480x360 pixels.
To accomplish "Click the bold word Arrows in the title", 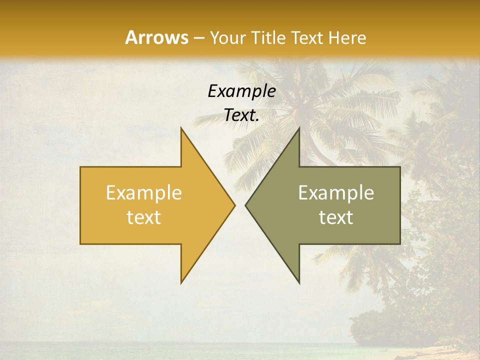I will tap(156, 37).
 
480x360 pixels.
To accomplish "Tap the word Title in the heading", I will tap(268, 37).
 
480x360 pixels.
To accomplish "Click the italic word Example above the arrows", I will tap(241, 91).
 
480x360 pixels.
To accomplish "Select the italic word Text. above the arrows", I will tap(241, 115).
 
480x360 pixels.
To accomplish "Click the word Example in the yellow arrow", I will tap(144, 193).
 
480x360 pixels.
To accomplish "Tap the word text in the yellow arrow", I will tap(144, 217).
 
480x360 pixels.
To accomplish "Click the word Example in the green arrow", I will tap(336, 193).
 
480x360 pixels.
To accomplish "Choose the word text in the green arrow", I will tap(336, 217).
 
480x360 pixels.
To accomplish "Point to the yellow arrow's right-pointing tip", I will tap(234, 205).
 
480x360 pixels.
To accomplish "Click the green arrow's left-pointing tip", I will tap(246, 205).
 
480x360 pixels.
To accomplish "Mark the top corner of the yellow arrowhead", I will tap(181, 128).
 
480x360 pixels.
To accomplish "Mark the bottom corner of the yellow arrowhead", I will tap(181, 282).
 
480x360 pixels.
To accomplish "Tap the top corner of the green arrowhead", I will tap(299, 128).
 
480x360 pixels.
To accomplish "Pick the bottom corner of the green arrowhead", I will tap(299, 282).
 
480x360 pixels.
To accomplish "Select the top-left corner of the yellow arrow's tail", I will tap(81, 167).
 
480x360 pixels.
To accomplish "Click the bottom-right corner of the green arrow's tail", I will tap(399, 243).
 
